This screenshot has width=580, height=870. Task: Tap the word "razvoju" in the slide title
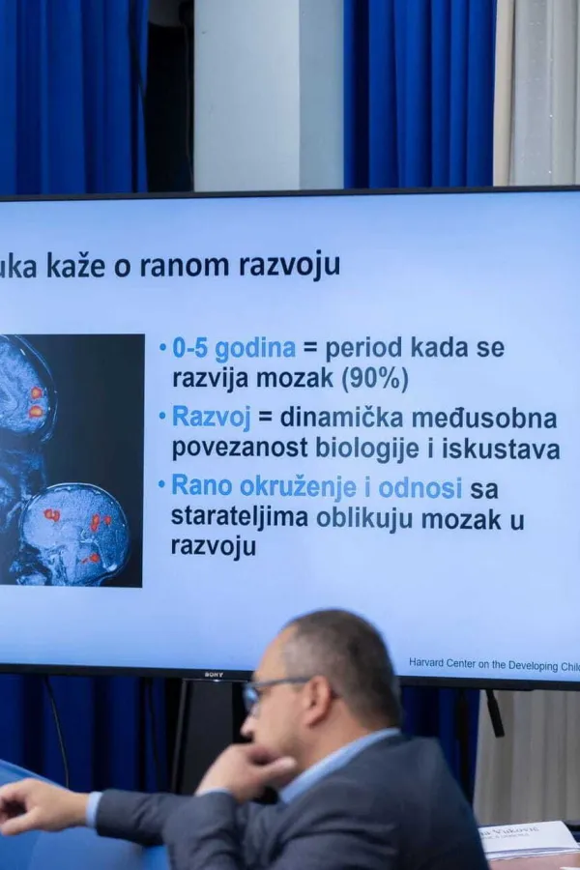click(x=291, y=265)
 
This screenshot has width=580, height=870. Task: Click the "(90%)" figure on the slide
click(x=374, y=378)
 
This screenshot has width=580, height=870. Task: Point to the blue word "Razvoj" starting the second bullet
click(x=211, y=419)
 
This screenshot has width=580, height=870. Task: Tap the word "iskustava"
click(x=503, y=449)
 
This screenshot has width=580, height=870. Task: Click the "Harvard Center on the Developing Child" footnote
click(x=493, y=663)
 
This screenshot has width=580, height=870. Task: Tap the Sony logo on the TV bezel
click(x=215, y=675)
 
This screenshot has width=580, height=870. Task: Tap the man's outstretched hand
click(x=34, y=802)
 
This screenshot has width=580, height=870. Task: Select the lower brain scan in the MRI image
click(x=75, y=535)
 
